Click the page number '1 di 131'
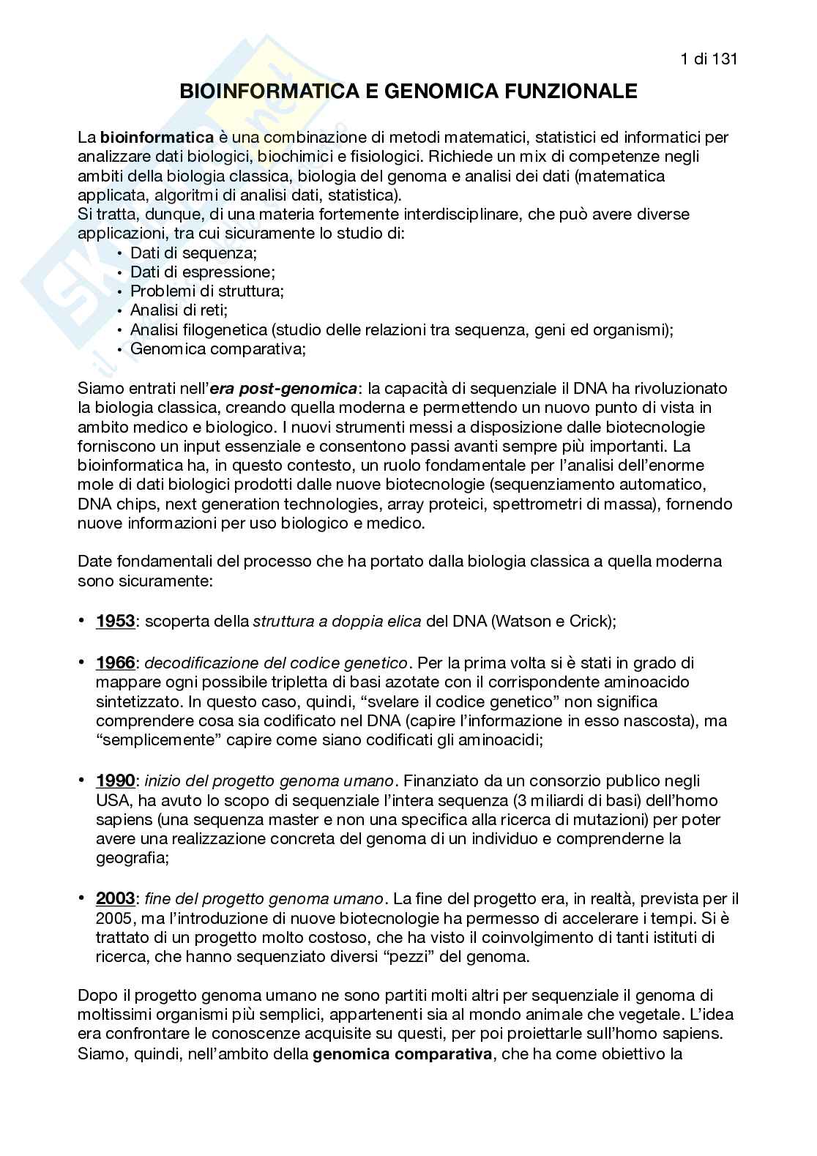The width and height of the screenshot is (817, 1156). click(708, 59)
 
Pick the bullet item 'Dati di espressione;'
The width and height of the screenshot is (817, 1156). click(202, 272)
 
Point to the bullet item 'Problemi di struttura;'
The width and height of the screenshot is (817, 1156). click(207, 291)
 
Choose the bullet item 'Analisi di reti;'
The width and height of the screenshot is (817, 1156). click(179, 310)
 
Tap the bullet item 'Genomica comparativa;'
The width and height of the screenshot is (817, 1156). click(217, 348)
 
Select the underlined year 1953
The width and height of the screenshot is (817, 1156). click(115, 622)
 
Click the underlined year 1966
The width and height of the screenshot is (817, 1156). click(115, 663)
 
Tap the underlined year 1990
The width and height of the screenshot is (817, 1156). click(115, 781)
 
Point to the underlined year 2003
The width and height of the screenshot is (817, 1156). click(115, 899)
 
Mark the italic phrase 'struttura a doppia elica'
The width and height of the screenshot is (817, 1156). click(337, 622)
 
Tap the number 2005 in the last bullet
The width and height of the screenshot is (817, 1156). click(113, 918)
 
